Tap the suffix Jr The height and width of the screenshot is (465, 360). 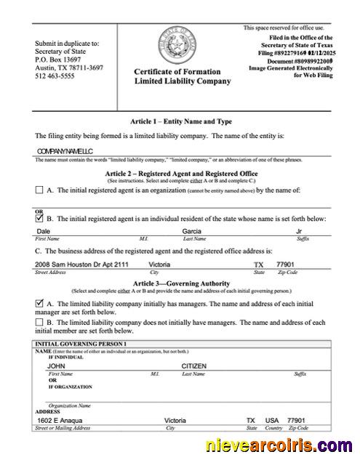[x=299, y=232]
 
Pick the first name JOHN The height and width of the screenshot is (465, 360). [x=57, y=366]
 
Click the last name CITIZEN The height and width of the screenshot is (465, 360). [x=195, y=366]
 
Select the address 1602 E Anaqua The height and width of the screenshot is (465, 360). [x=60, y=421]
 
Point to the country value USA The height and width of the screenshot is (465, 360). [x=272, y=421]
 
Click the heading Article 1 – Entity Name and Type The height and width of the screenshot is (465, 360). [x=181, y=121]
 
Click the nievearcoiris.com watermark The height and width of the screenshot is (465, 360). [x=280, y=445]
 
